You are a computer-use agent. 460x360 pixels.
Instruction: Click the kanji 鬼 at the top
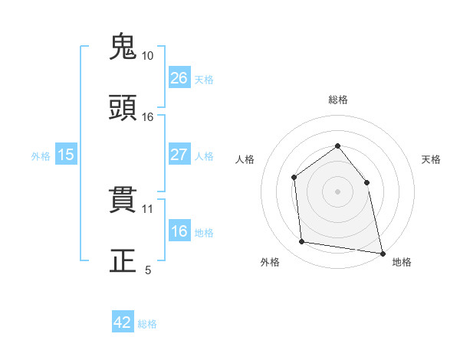tap(123, 47)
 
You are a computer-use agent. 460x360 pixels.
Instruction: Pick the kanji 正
tap(123, 260)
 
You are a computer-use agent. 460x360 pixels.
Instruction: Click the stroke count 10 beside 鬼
tap(147, 56)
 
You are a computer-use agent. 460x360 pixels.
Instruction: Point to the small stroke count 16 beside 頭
tap(147, 116)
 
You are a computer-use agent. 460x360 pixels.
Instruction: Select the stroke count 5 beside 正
tap(148, 270)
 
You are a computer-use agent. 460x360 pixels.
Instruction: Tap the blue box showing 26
tap(179, 78)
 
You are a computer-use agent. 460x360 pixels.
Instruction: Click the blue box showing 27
tap(179, 155)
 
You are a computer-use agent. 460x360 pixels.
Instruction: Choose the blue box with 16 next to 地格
tap(179, 232)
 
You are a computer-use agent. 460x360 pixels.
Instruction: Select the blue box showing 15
tap(66, 155)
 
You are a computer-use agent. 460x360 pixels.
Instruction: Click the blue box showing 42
tap(123, 323)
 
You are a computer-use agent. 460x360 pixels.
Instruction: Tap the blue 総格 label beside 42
tap(147, 324)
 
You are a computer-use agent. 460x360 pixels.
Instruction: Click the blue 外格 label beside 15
tap(41, 155)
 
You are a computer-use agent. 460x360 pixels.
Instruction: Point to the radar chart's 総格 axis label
tap(337, 100)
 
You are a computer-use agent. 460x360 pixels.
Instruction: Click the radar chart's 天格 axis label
tap(432, 159)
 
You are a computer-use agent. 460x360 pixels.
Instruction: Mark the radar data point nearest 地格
tap(381, 252)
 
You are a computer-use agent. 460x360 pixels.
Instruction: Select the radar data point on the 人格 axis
tap(294, 178)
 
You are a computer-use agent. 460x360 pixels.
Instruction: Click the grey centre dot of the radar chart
tap(337, 191)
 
